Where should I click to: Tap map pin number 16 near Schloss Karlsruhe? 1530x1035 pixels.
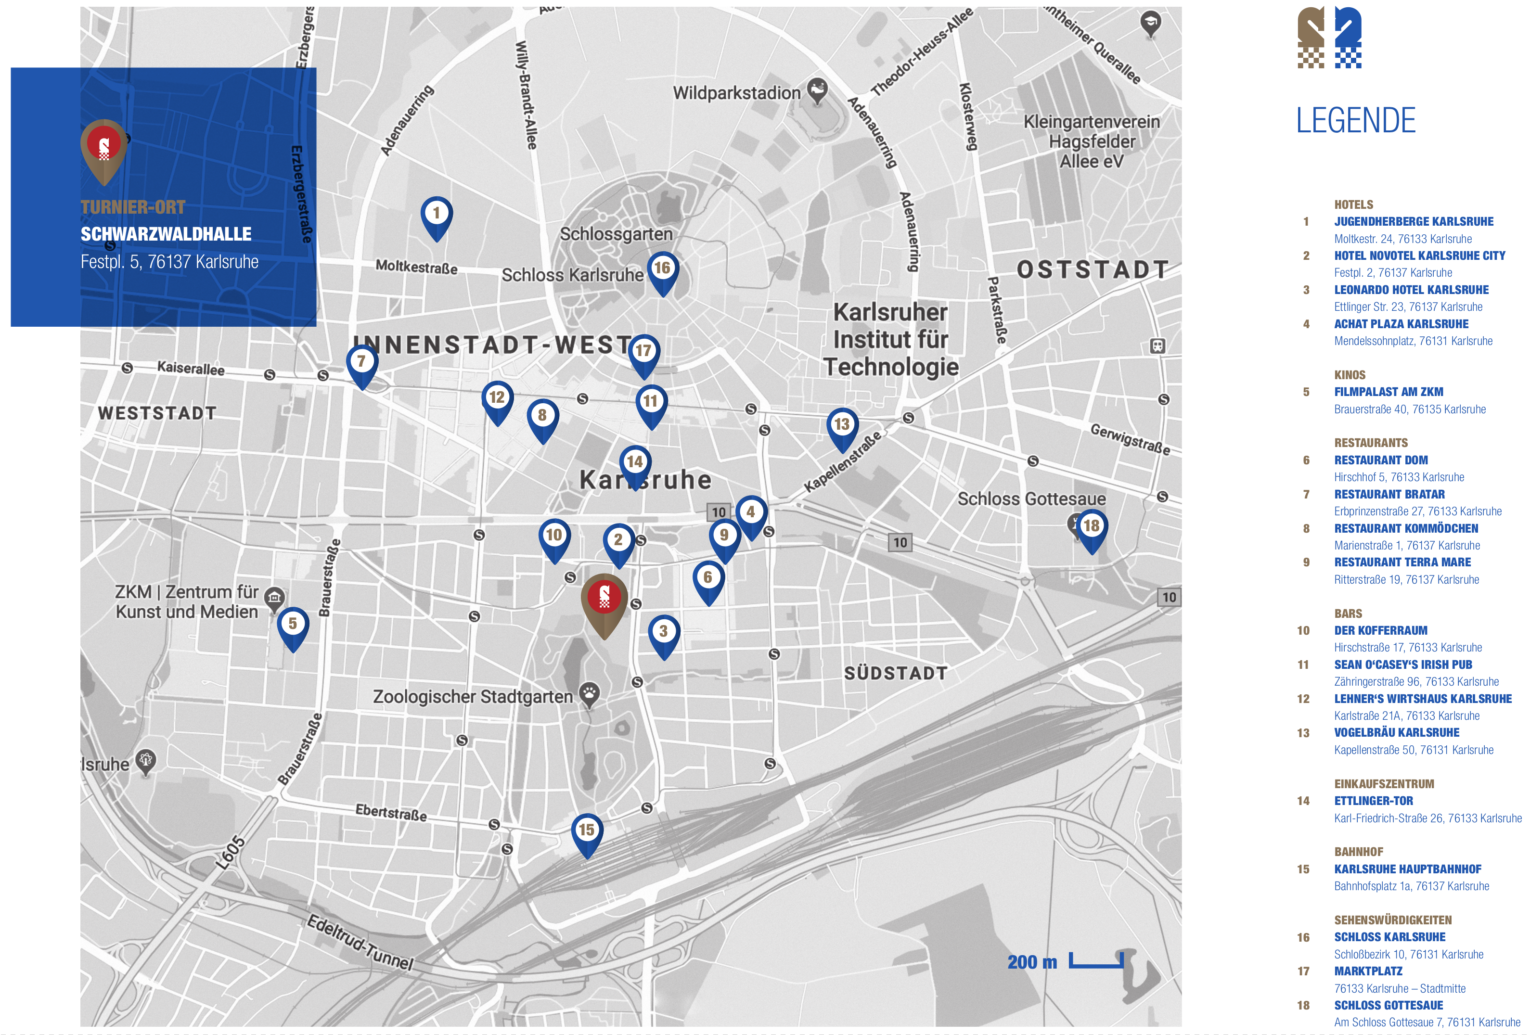coord(662,269)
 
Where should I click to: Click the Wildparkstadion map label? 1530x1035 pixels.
coord(736,93)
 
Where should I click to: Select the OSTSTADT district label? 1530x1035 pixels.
coord(1093,269)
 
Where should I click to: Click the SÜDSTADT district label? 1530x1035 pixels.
coord(895,673)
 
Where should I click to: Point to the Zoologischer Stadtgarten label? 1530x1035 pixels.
coord(473,697)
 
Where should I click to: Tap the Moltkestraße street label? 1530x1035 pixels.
coord(416,267)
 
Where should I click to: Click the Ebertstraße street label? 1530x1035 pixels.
coord(391,813)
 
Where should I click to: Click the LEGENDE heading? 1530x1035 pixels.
coord(1356,120)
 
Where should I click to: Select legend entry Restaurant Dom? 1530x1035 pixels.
coord(1380,460)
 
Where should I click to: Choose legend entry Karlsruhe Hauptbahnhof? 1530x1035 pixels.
coord(1408,869)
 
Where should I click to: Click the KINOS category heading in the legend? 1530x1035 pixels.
coord(1350,375)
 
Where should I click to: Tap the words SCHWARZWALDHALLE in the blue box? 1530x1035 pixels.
coord(166,234)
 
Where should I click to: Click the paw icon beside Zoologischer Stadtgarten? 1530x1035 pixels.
coord(589,692)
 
